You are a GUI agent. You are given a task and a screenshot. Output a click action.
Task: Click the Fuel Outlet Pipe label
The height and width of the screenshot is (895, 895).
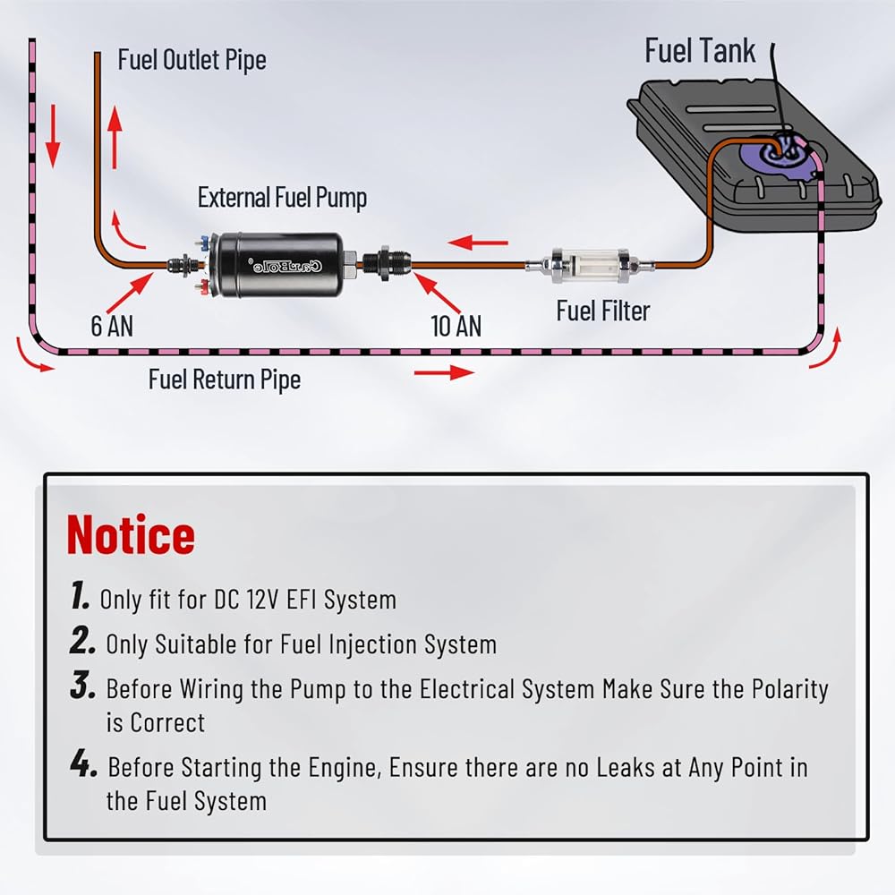point(192,61)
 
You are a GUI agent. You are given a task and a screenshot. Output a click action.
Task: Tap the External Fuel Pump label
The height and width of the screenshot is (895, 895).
point(282,197)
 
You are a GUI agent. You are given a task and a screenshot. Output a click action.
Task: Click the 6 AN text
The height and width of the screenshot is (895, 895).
point(112,326)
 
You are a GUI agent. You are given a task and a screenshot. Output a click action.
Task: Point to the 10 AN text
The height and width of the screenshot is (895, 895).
point(456,326)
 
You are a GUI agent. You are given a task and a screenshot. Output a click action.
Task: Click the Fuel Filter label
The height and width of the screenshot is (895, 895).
point(602,311)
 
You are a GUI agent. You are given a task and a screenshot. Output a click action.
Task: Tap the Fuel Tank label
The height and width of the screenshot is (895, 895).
point(700,51)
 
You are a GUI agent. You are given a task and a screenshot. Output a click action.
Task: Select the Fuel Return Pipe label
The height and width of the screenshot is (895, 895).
point(224,379)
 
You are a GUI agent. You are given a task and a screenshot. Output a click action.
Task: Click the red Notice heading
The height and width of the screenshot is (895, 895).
point(131,534)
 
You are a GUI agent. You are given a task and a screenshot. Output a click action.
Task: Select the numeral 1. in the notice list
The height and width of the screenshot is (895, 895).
point(80,596)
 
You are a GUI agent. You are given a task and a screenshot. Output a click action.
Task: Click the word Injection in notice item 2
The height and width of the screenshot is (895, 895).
point(341,644)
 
